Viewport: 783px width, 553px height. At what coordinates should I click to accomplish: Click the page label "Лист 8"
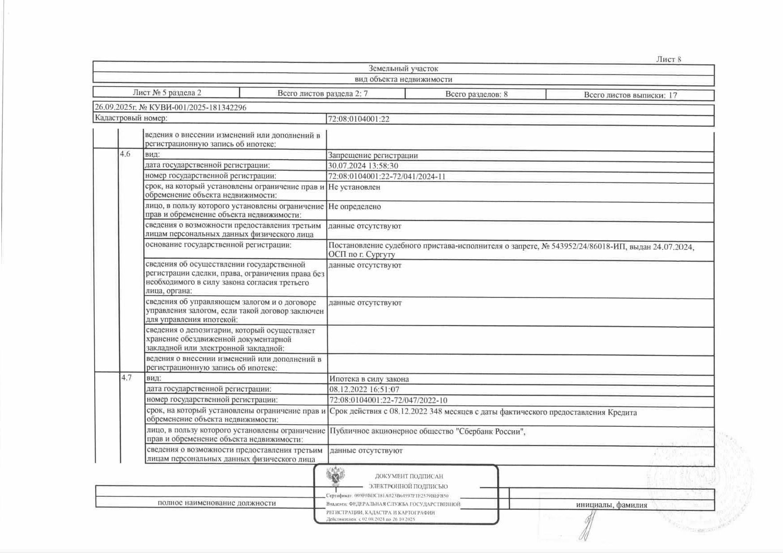point(668,59)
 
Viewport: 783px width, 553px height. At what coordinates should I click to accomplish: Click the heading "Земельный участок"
point(403,69)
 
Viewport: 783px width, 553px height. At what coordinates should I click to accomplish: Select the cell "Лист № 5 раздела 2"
point(167,93)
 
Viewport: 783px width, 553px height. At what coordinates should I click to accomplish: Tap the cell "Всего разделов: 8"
point(476,94)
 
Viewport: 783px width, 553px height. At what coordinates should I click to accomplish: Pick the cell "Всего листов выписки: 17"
point(630,95)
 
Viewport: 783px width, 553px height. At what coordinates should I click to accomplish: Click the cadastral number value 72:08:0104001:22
point(358,119)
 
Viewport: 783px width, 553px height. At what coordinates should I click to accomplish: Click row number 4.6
point(125,154)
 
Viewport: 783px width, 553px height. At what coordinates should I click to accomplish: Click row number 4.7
point(126,378)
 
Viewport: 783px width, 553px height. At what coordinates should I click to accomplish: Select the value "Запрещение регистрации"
point(373,156)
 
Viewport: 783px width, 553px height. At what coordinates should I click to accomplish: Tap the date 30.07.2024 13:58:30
point(363,166)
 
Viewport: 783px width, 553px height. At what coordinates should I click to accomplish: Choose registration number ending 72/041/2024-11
point(387,177)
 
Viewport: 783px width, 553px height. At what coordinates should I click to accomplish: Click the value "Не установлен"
point(354,187)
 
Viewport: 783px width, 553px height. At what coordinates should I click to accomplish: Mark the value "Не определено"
point(354,207)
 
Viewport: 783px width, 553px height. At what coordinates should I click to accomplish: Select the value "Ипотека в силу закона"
point(369,379)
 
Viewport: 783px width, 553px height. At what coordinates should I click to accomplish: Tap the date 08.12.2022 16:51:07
point(364,390)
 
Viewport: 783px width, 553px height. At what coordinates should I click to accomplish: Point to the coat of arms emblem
point(335,477)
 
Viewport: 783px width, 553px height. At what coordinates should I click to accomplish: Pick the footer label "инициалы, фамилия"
point(611,505)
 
